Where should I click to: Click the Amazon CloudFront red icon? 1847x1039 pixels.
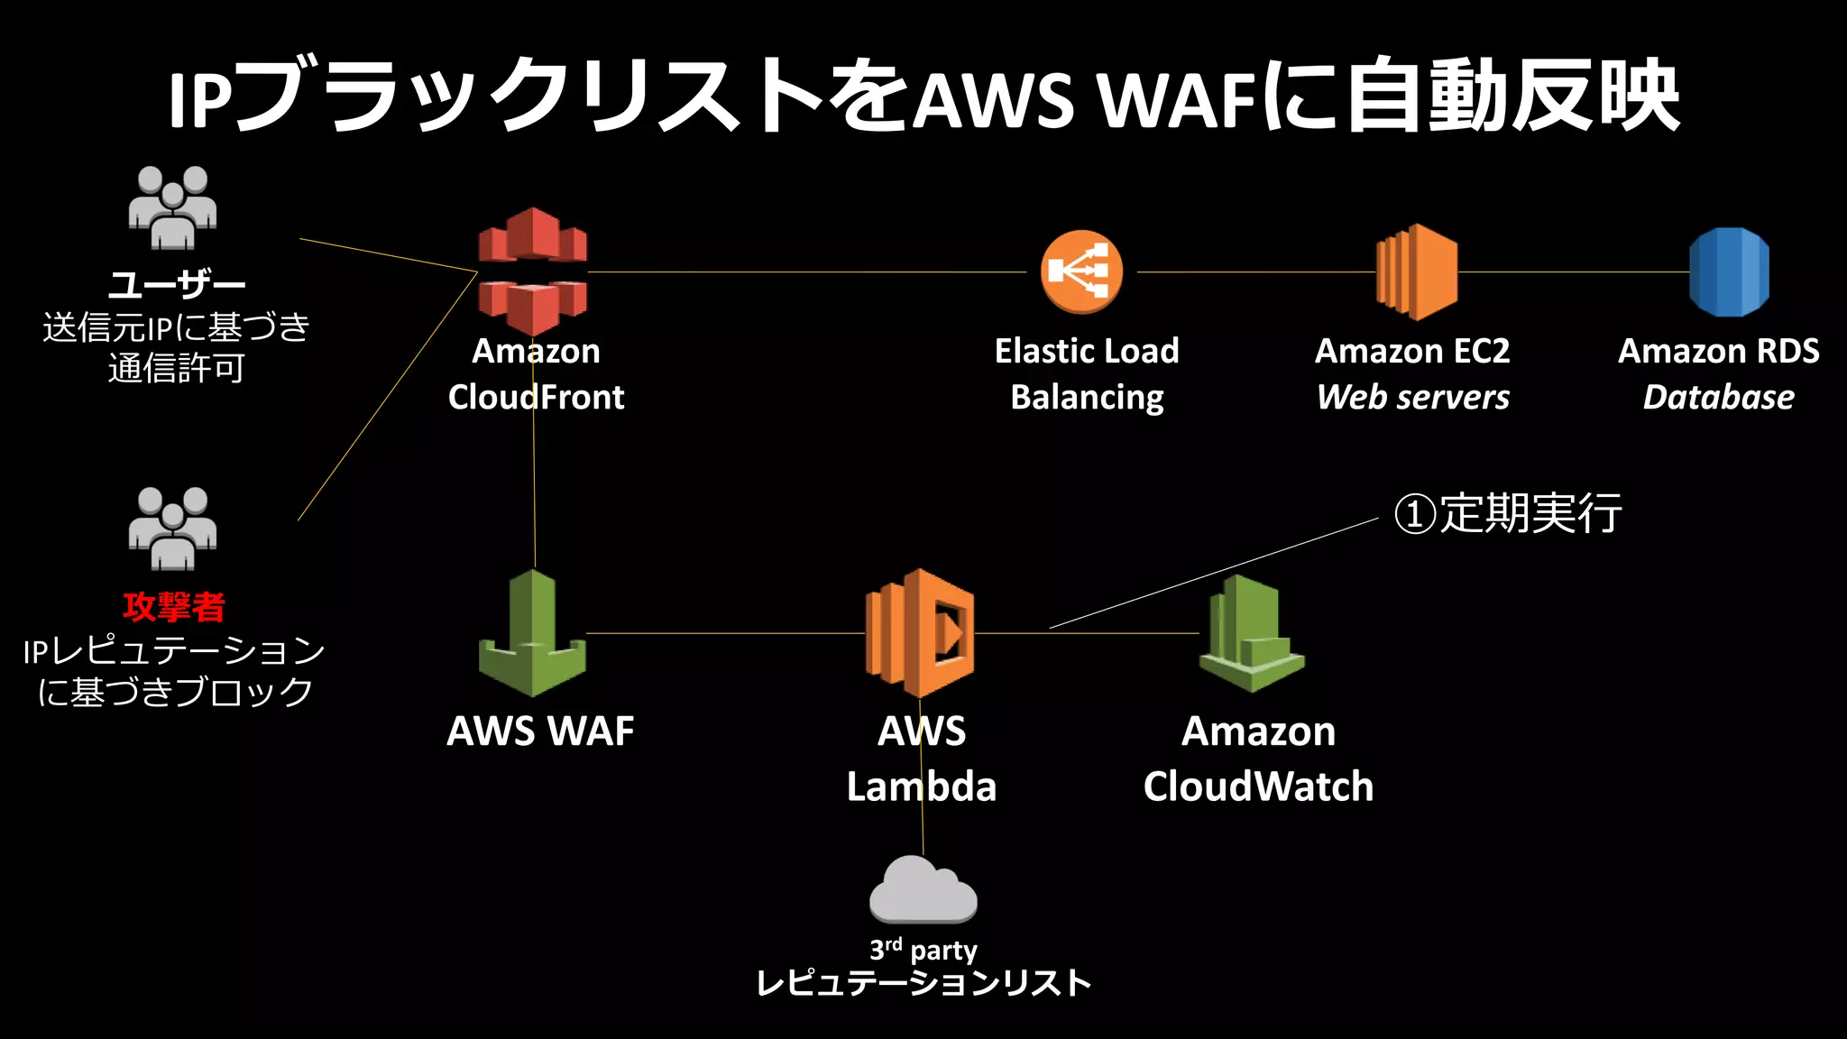(x=532, y=271)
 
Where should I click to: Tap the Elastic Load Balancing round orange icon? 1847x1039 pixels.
(x=1081, y=271)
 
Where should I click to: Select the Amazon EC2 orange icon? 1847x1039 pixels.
(x=1417, y=271)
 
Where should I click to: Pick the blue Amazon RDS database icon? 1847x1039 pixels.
(x=1729, y=271)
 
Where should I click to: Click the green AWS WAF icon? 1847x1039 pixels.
(x=532, y=634)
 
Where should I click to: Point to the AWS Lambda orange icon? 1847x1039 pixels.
(x=920, y=633)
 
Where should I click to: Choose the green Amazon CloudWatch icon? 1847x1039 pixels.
(x=1252, y=634)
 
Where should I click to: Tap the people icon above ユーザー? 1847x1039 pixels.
(x=172, y=207)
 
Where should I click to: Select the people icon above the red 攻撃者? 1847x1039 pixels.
(x=172, y=529)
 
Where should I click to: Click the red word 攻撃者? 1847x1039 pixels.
(x=174, y=607)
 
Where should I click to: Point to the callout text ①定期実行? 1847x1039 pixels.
(x=1508, y=513)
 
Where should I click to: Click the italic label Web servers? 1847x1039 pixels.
(x=1412, y=397)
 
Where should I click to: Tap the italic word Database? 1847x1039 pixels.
(x=1718, y=397)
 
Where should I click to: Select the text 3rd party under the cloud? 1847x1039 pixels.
(x=923, y=950)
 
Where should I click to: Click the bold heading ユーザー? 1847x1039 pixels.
(x=176, y=285)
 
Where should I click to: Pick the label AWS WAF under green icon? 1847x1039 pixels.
(x=540, y=731)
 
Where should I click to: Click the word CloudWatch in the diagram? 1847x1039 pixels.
(x=1258, y=786)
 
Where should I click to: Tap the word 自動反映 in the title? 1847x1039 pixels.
(x=1512, y=95)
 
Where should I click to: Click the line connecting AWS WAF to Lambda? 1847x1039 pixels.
(x=721, y=634)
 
